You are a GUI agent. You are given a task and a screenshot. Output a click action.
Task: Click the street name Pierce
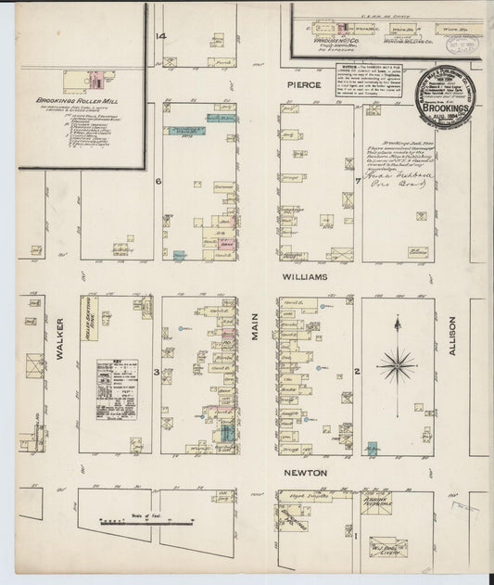[302, 84]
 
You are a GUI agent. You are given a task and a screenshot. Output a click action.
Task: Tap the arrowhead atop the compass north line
[397, 320]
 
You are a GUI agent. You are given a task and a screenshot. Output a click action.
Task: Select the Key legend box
[118, 389]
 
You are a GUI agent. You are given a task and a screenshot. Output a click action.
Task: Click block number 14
[160, 36]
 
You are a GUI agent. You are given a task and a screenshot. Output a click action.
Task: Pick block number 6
[158, 181]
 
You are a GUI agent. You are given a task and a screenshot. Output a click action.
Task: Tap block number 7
[357, 181]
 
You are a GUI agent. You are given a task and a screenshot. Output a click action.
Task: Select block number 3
[158, 373]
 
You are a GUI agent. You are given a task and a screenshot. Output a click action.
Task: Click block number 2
[356, 373]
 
